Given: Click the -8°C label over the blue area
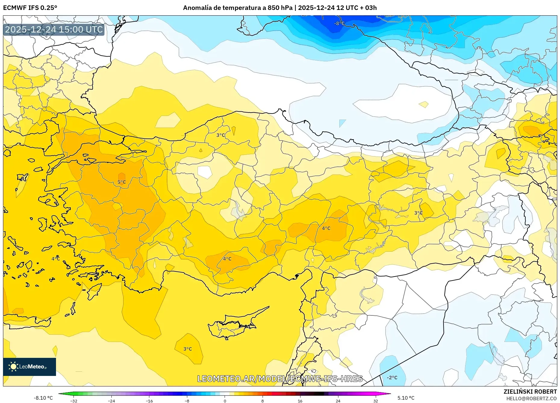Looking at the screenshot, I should click(339, 23).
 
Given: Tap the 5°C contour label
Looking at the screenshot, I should click(122, 182).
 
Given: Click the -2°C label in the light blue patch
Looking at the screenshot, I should click(392, 377).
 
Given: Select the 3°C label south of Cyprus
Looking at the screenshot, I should click(188, 349).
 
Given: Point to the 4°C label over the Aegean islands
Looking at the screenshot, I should click(56, 259).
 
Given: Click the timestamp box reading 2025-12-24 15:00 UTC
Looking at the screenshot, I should click(54, 29).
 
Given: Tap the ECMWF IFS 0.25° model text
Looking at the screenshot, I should click(30, 8).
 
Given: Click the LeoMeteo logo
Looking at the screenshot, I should click(30, 367).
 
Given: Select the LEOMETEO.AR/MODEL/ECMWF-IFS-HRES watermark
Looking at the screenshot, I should click(280, 379).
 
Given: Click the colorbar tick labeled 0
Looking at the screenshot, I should click(225, 401).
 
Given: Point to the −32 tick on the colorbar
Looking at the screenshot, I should click(74, 401).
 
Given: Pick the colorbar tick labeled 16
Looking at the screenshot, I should click(300, 401).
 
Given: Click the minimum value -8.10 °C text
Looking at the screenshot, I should click(43, 398).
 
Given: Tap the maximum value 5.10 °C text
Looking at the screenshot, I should click(406, 398).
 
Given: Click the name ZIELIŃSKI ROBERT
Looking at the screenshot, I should click(530, 392).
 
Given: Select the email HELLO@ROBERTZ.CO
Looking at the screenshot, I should click(531, 398).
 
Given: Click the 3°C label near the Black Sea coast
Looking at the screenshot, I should click(221, 135).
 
